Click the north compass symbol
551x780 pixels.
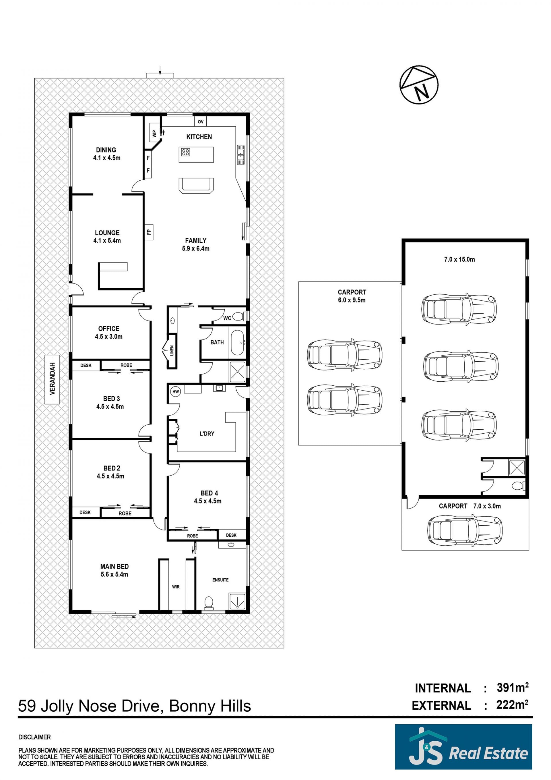pos(419,85)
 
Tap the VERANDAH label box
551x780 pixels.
pos(52,379)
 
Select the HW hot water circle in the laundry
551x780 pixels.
pos(176,392)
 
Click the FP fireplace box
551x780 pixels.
pos(149,232)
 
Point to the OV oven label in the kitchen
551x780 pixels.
pos(200,121)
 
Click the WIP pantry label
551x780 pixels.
pos(155,134)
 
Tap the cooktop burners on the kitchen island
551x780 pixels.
pos(185,152)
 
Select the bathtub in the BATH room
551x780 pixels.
pos(238,342)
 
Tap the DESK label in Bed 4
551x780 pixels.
pos(231,535)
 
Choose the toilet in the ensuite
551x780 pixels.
pos(208,603)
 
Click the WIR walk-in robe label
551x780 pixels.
pos(176,587)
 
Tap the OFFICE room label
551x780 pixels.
pos(109,329)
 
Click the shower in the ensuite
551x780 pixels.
pos(237,601)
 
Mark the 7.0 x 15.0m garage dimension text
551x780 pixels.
pos(459,259)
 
